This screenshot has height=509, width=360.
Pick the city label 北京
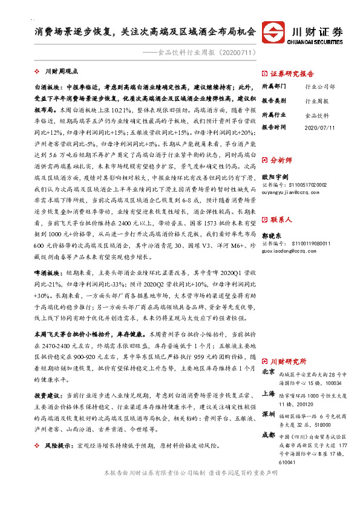[x=269, y=372]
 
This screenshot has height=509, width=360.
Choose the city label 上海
[x=269, y=392]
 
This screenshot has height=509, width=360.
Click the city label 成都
[x=269, y=434]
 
